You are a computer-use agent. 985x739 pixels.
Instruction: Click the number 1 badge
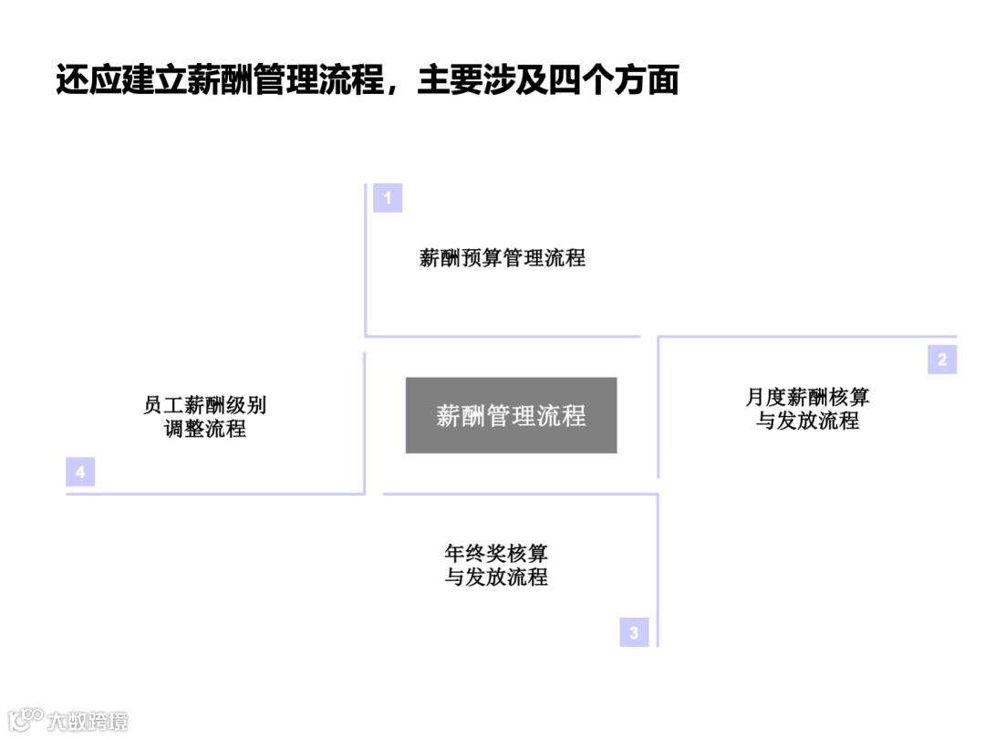(388, 198)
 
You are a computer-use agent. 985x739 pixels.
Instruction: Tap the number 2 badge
(942, 359)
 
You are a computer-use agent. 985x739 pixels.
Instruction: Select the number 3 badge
(634, 632)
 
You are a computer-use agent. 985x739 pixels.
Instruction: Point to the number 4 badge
(80, 472)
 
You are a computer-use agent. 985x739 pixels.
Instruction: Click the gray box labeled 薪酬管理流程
(511, 416)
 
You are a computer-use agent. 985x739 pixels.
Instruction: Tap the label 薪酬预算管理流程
(503, 257)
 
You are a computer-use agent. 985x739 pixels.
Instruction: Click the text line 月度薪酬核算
(807, 398)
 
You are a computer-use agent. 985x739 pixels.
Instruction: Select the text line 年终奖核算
(496, 554)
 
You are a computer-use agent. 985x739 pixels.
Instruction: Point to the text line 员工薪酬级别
(205, 405)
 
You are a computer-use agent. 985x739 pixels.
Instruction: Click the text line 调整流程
(205, 429)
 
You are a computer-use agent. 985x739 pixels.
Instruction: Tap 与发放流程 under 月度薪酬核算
(807, 422)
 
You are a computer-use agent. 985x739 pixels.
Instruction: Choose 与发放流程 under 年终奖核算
(496, 578)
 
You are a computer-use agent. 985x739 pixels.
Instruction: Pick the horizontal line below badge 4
(214, 494)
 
